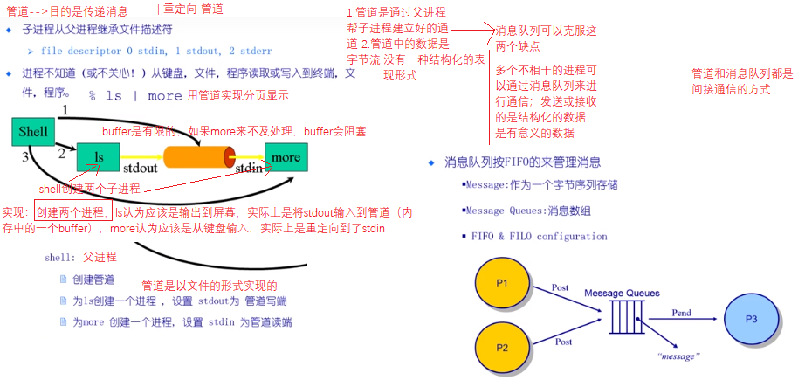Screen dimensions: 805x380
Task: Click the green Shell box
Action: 32,132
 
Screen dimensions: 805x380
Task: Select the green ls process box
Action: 99,157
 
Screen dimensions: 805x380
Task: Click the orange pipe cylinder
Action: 197,157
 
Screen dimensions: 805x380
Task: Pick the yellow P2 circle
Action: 502,346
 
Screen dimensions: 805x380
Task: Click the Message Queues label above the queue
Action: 622,293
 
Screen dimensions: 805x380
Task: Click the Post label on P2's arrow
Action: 562,342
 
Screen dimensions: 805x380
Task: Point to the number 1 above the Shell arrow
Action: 64,110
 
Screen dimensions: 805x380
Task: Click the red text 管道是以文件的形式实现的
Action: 209,287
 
